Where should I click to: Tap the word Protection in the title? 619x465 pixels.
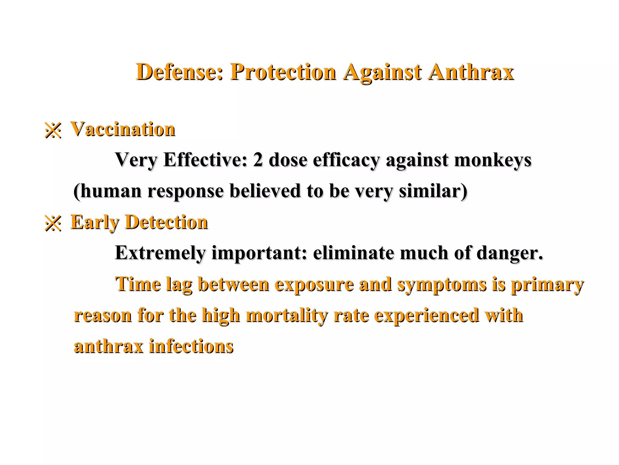(x=283, y=72)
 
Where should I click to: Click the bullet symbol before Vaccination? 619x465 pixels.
(x=53, y=130)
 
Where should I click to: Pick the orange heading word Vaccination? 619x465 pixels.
(x=123, y=129)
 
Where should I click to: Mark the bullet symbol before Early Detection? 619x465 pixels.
(x=53, y=223)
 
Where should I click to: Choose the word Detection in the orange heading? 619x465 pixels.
(x=167, y=222)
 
